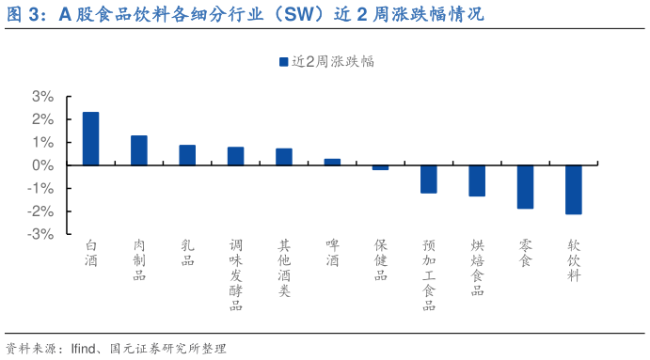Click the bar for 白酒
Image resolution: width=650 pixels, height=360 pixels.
pyautogui.click(x=90, y=139)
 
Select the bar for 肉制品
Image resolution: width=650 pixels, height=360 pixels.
pyautogui.click(x=138, y=150)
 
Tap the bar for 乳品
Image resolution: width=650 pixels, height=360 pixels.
pyautogui.click(x=187, y=155)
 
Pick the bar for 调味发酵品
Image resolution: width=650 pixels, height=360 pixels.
pyautogui.click(x=235, y=156)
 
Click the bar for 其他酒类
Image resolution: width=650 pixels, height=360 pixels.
pyautogui.click(x=283, y=157)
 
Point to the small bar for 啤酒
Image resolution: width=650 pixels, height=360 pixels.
pyautogui.click(x=332, y=162)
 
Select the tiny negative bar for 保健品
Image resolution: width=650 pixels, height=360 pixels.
pyautogui.click(x=380, y=167)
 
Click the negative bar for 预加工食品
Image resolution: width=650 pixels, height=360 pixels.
pyautogui.click(x=429, y=179)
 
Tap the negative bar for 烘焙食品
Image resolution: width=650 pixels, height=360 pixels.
pyautogui.click(x=477, y=180)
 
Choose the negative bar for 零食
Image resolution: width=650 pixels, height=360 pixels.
pyautogui.click(x=525, y=186)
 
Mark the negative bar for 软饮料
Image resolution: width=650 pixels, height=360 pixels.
pyautogui.click(x=574, y=189)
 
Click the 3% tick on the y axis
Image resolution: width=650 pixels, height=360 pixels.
pyautogui.click(x=42, y=97)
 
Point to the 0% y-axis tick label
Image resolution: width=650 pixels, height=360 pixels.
pyautogui.click(x=42, y=165)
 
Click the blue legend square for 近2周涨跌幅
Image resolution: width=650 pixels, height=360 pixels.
pyautogui.click(x=283, y=62)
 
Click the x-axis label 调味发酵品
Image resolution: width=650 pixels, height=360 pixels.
pyautogui.click(x=235, y=274)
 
